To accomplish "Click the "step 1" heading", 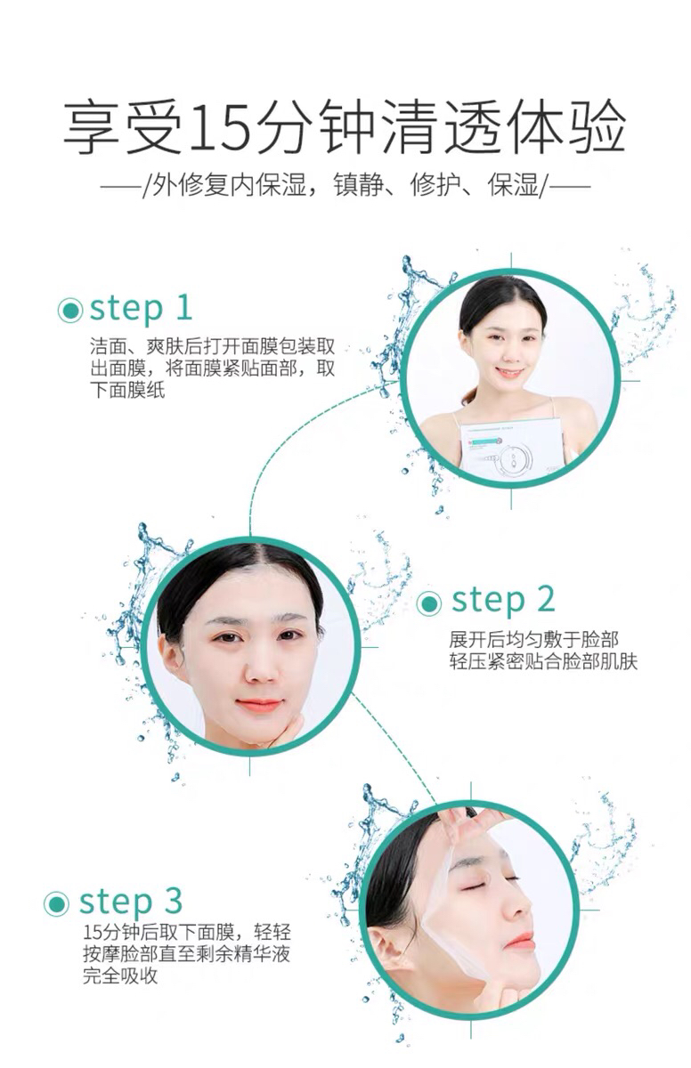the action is pos(142,310).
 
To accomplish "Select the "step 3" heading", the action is pos(131,902).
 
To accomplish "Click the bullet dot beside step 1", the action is pos(69,311).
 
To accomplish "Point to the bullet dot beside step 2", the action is pos(428,603).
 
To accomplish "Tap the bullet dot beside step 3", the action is pos(56,903).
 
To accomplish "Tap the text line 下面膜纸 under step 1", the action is pos(127,390).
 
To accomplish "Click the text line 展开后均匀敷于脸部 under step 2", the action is pos(533,639).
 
